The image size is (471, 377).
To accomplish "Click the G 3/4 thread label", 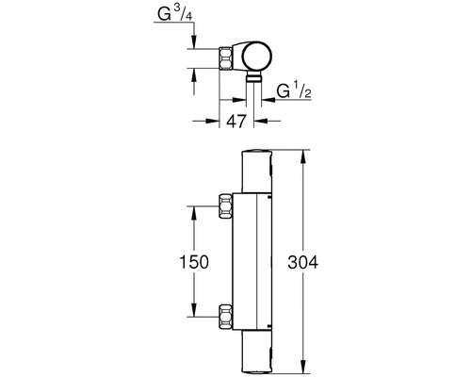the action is tap(174, 13).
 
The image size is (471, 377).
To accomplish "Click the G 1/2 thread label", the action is tap(294, 90).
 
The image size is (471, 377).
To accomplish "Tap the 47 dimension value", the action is tap(236, 122).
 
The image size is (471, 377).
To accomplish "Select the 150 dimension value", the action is tap(194, 262).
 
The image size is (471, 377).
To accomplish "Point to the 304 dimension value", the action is tap(303, 262).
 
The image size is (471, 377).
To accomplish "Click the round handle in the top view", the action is tap(256, 56).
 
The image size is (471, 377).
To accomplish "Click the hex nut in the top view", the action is tap(226, 58).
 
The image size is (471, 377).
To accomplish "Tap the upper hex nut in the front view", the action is tap(226, 206).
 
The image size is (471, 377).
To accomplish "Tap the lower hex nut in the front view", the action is tap(226, 317).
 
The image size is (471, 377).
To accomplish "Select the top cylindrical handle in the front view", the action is tap(257, 172).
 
